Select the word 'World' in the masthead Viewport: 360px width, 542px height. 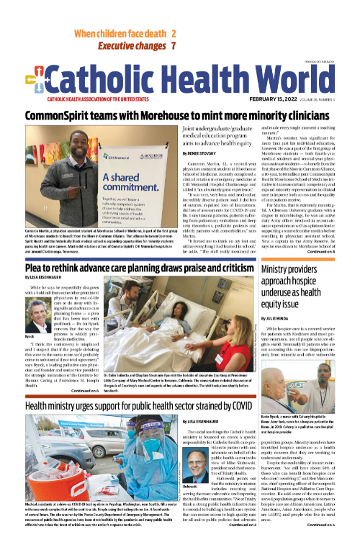[286, 81]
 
